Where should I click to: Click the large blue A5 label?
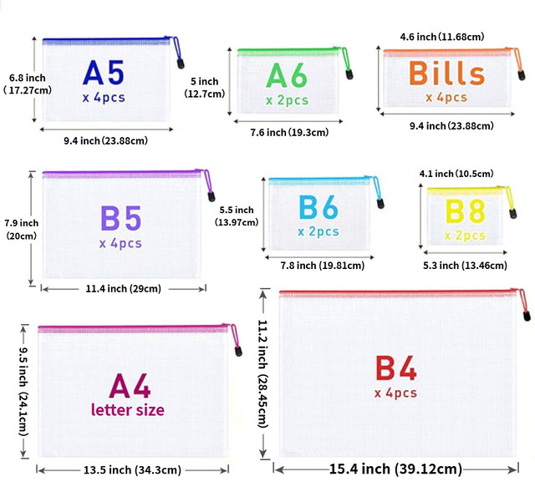104,73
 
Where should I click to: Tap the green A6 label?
287,75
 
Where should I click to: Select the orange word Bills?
447,73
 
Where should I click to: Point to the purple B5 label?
120,218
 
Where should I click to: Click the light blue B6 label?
318,207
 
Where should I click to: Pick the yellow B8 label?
466,211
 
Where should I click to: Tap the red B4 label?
395,368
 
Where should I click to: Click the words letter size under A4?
128,410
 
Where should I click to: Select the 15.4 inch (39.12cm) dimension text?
395,469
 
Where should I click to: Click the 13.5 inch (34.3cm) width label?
132,470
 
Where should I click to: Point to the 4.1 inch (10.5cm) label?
456,174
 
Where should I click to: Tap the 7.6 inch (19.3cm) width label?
289,132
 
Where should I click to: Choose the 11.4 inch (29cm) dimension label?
123,289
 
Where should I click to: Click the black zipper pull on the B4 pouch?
527,315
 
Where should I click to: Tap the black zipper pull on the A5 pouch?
181,63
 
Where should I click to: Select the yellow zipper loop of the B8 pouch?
509,198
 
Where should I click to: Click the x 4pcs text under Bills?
446,98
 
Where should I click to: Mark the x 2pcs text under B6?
318,232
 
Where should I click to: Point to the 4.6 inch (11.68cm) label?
442,37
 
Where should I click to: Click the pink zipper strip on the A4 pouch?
133,329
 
